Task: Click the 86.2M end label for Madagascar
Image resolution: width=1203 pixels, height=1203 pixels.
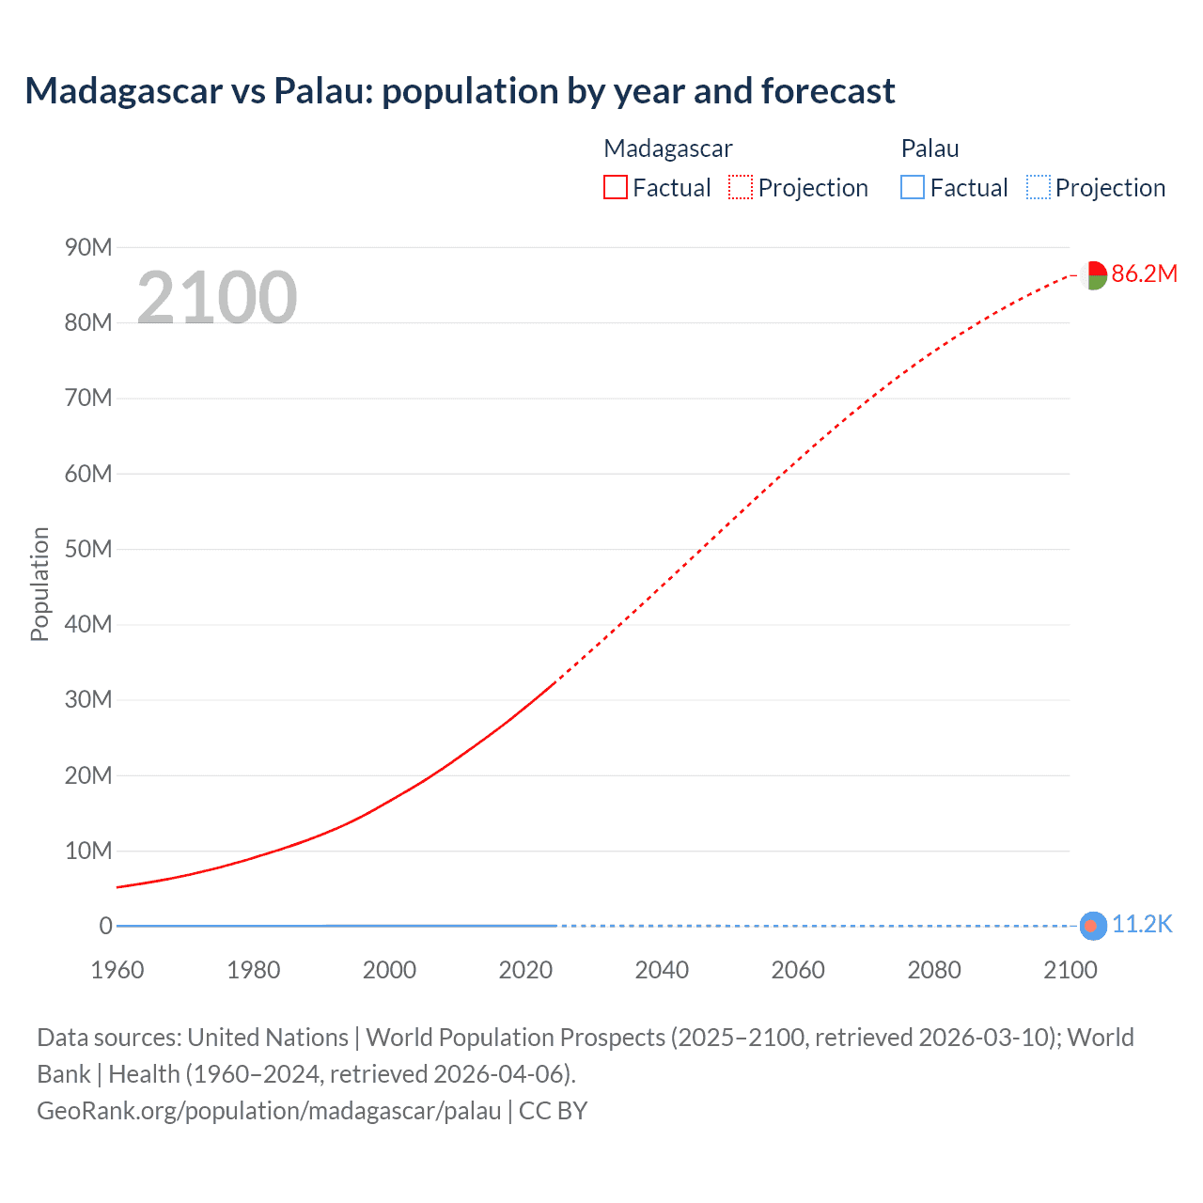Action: (x=1144, y=273)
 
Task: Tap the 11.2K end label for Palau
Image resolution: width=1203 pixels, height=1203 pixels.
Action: (x=1142, y=925)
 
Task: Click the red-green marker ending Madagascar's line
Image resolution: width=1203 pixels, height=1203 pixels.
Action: (x=1093, y=275)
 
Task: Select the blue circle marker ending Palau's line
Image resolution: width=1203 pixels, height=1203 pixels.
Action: (x=1092, y=926)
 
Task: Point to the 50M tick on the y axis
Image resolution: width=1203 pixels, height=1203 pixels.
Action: (x=88, y=549)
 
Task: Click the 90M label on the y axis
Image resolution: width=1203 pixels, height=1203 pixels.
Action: (x=88, y=247)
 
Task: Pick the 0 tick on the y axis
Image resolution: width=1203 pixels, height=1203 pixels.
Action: (x=106, y=926)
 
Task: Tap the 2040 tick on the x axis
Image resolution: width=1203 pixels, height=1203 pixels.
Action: (x=662, y=970)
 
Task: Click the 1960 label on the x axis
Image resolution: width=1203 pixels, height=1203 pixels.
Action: (x=117, y=970)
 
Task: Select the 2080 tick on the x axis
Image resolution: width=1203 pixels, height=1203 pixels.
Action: (x=934, y=970)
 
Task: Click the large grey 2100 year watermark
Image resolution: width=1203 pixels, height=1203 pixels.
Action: (x=217, y=298)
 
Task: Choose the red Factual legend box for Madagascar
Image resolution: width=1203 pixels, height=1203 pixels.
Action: (x=616, y=187)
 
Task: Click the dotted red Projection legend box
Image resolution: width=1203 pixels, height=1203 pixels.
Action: (x=741, y=187)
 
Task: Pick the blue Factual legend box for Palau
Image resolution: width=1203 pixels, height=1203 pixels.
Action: (x=913, y=187)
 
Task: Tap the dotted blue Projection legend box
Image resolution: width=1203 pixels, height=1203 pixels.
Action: (x=1039, y=187)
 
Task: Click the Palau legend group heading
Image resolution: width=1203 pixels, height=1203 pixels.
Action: (x=930, y=148)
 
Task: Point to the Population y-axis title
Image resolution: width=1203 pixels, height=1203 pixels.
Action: (x=39, y=584)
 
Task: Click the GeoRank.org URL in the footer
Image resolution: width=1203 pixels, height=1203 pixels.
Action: (x=269, y=1111)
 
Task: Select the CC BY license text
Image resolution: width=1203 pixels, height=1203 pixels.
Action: (x=554, y=1111)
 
